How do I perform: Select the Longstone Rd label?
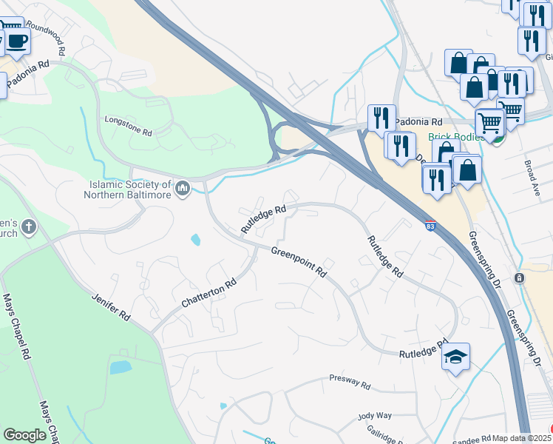pos(128,126)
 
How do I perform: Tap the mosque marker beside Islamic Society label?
pos(183,191)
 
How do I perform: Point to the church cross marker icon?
pos(28,226)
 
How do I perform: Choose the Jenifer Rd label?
pos(111,307)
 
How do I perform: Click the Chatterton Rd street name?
pos(209,294)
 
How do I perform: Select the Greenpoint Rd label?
pos(298,262)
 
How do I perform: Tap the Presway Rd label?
pos(350,383)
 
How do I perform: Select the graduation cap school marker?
pos(455,357)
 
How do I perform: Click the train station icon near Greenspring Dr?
pos(519,278)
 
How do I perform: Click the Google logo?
pos(24,435)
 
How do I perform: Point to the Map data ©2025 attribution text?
pos(521,438)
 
